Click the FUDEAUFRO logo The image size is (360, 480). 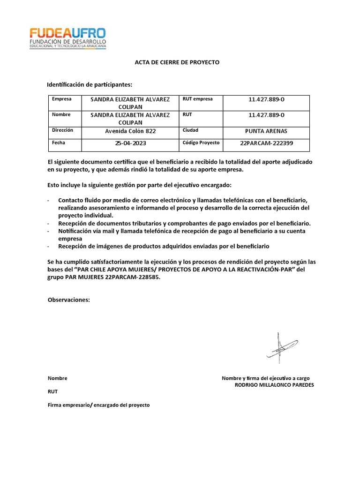click(68, 38)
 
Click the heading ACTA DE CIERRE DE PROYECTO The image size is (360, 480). click(177, 62)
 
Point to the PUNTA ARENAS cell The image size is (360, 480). click(266, 131)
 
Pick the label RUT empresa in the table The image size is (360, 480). click(197, 99)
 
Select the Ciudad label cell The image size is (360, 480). click(190, 130)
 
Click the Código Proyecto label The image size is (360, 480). click(201, 143)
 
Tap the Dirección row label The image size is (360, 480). click(62, 130)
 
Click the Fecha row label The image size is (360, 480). click(59, 143)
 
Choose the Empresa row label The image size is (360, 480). click(61, 99)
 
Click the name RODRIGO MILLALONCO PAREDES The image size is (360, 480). click(274, 385)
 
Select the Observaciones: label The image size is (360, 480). click(68, 300)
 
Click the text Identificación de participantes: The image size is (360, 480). click(90, 85)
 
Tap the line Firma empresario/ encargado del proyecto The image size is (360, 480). click(98, 405)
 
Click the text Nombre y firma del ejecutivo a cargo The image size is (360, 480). click(265, 378)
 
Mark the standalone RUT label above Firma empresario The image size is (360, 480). click(52, 391)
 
